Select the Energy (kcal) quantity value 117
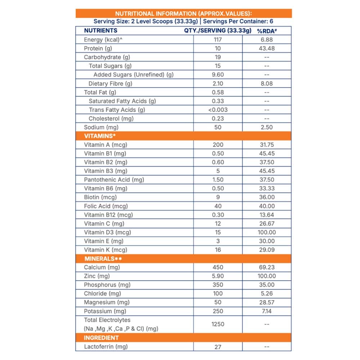[x=218, y=40]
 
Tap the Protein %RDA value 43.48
[x=266, y=48]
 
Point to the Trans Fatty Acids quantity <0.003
[x=218, y=110]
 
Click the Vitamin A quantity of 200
[x=218, y=145]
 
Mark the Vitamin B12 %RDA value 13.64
[x=266, y=215]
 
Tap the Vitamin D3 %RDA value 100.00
[x=266, y=233]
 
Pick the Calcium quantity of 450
[x=218, y=267]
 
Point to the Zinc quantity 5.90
[x=218, y=276]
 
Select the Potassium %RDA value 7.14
[x=266, y=311]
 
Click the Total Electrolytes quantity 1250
[x=218, y=324]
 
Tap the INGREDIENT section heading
[x=101, y=338]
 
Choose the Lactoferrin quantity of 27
[x=218, y=347]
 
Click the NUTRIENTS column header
[x=100, y=31]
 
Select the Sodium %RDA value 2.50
[x=266, y=127]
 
